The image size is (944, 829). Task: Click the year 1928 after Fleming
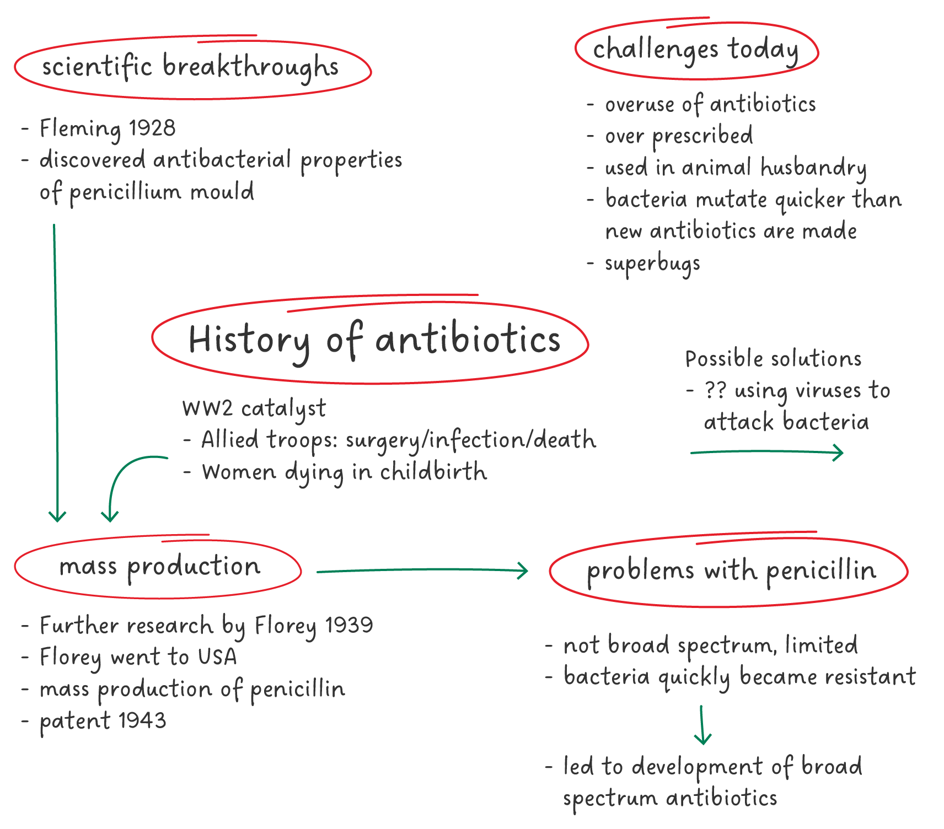coord(152,128)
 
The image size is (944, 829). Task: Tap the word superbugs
coord(652,264)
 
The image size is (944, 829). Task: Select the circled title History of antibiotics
coord(374,340)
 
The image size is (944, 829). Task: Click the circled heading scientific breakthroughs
coord(190,68)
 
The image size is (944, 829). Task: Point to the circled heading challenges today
coord(695,50)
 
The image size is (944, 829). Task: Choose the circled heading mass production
coord(159,567)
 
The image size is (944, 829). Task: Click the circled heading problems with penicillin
coord(731,570)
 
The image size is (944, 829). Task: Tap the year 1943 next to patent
coord(142,720)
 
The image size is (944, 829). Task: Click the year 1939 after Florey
coord(348,625)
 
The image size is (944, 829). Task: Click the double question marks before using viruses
coord(715,391)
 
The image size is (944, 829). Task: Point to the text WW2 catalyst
coord(254,408)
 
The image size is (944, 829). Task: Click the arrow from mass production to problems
coord(422,571)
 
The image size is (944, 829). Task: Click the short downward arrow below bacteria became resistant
coord(702,725)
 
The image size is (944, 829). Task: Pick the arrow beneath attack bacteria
coord(766,453)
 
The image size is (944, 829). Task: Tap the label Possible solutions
coord(773,359)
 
